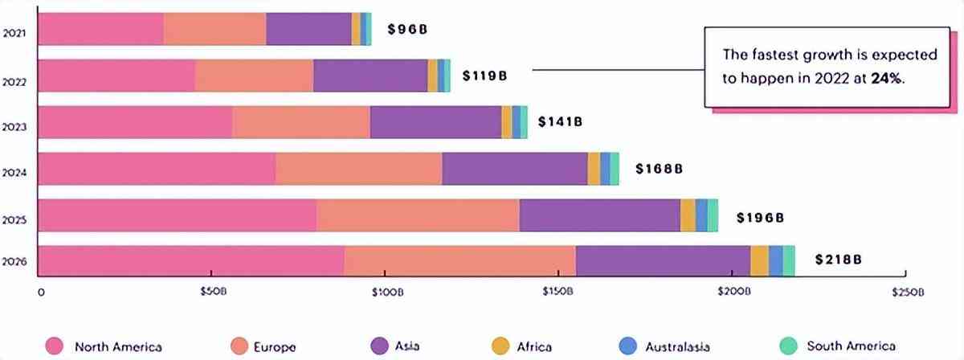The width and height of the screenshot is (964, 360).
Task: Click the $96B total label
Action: coord(406,30)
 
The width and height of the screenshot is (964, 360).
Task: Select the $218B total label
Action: coord(838,260)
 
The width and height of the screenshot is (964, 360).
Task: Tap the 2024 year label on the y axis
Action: coord(15,172)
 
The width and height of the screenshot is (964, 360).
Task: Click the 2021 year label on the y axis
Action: coord(15,33)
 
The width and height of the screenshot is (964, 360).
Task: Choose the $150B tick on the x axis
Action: coord(558,292)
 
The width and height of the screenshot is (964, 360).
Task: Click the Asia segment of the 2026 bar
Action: coord(663,261)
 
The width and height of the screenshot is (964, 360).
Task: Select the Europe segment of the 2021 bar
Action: coord(214,29)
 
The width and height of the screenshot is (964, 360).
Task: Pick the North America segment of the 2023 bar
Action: coord(135,122)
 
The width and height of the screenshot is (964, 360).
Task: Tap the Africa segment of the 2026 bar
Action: coord(759,261)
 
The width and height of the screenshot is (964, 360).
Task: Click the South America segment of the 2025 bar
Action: coord(713,215)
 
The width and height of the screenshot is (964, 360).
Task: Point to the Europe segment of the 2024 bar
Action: coord(358,169)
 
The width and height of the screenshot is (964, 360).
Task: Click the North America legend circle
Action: coord(55,346)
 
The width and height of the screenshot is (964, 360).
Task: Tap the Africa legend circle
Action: coord(500,346)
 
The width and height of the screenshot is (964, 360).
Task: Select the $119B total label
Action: coord(484,76)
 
